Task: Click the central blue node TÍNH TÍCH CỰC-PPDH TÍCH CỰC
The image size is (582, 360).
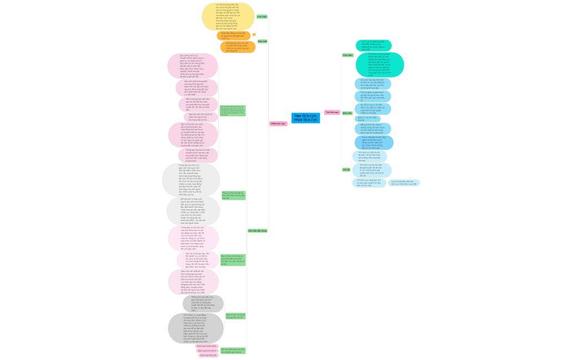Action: pos(305,118)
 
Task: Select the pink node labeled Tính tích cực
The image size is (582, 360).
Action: pos(331,112)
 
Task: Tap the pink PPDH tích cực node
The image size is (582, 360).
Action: pos(278,124)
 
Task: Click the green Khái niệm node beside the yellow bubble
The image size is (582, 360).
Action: pos(262,17)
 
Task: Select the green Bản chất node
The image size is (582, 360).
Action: pos(262,42)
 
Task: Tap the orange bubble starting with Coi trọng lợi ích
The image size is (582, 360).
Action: pos(238,47)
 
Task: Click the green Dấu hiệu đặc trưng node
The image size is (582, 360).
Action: pos(257,230)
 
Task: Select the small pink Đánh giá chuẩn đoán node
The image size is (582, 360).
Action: pos(207,346)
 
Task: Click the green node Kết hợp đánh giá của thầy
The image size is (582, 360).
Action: pos(233,351)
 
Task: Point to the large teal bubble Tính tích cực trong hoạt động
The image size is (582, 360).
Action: pos(379,64)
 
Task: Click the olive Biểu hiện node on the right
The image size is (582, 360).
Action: pos(347,112)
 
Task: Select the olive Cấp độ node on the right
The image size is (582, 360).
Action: pos(346,169)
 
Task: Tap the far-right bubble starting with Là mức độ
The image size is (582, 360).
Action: pos(404,182)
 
